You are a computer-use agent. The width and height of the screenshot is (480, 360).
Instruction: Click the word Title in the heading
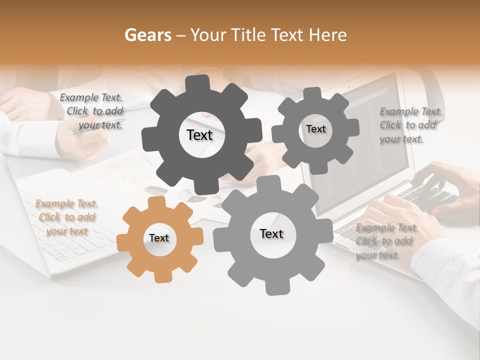point(248,35)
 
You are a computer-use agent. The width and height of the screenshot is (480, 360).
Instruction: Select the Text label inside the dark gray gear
point(199,135)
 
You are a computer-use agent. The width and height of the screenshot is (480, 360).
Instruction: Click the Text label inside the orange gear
point(159,238)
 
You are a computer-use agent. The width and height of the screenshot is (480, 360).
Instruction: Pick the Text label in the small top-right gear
point(315,129)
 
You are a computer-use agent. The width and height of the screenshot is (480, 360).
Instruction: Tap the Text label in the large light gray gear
point(271,233)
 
